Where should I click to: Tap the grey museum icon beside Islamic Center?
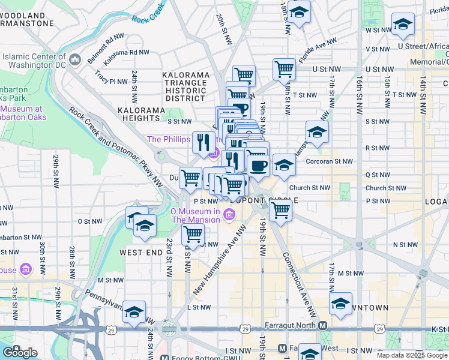pos(76,59)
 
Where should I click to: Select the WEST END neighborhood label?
pos(141,253)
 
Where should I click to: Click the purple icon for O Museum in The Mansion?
pos(229,215)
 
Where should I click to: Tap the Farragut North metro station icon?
pos(323,326)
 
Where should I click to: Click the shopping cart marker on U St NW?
pos(285,68)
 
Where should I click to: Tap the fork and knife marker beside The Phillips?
pos(203,142)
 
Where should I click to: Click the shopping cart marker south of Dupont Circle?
pos(280,210)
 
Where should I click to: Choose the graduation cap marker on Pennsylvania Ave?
pos(134,311)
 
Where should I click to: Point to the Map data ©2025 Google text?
pos(412,355)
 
